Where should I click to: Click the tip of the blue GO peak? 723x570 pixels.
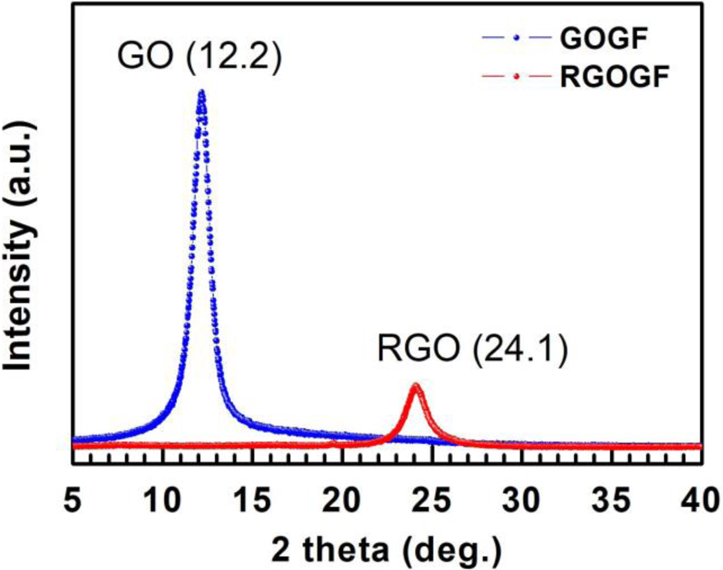(201, 92)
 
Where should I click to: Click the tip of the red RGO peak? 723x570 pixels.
(415, 385)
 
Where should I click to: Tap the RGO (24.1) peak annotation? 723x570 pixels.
(473, 349)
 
